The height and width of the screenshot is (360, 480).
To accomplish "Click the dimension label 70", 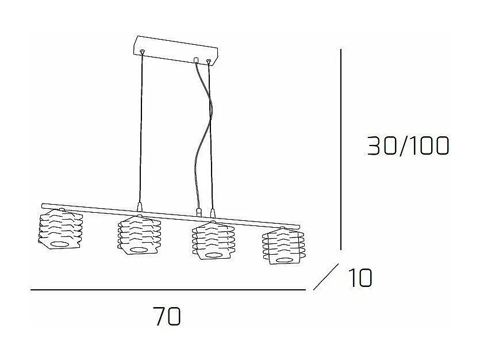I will click(167, 316).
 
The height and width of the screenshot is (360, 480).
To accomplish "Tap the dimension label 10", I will click(359, 278).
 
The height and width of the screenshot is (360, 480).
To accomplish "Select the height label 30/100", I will click(408, 147).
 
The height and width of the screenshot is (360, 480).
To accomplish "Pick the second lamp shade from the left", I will click(139, 234).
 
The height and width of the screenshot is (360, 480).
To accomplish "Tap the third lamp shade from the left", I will click(213, 242).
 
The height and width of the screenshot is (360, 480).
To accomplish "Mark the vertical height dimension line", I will click(341, 150).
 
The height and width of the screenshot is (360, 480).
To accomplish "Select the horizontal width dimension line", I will click(167, 290).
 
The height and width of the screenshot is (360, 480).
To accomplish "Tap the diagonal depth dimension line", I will click(325, 277).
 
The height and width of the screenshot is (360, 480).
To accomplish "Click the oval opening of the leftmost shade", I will click(57, 244).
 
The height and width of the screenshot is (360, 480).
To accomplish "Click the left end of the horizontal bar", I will click(44, 204).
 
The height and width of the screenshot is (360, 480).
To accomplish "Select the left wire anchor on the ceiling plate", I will click(142, 52).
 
